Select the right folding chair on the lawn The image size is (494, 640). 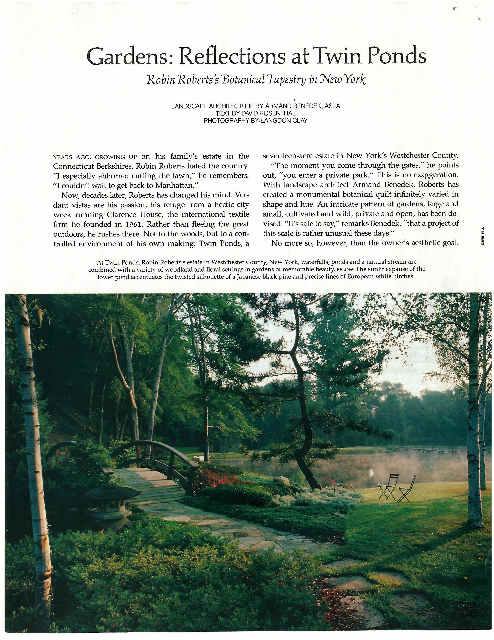tap(408, 490)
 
